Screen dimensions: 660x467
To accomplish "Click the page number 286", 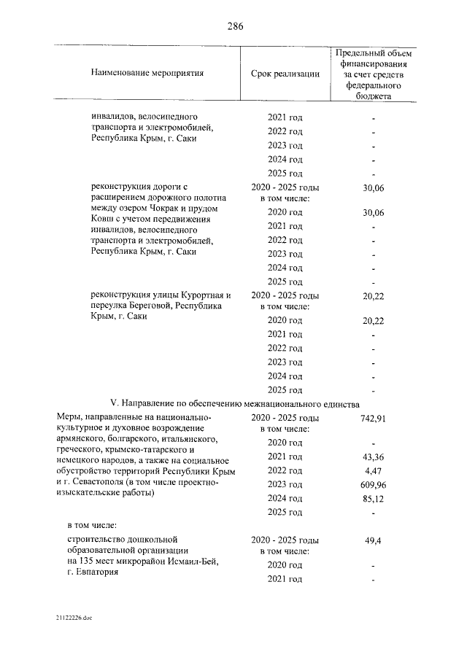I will point(234,26).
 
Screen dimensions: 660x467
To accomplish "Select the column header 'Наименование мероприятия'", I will point(147,74).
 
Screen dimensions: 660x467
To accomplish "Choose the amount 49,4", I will point(373,541).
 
